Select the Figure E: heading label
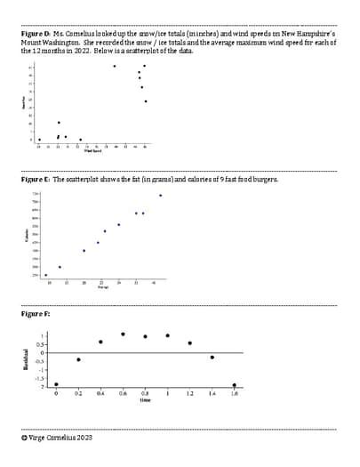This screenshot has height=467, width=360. pos(35,179)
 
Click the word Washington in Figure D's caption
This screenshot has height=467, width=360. pos(62,42)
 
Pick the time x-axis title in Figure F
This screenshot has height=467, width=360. pos(145,400)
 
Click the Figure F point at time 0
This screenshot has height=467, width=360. pos(56,385)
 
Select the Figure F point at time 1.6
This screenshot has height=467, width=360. pos(235,385)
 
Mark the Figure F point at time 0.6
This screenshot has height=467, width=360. pos(123,334)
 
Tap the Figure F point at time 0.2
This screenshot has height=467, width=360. pos(78,359)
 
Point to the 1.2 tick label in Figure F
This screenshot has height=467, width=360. pos(189,393)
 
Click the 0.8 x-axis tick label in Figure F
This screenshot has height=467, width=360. pos(145,393)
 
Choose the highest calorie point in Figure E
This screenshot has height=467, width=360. pos(160,195)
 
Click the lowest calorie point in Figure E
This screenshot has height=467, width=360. pos(46,275)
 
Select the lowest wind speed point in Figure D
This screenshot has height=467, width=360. pos(39,140)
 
